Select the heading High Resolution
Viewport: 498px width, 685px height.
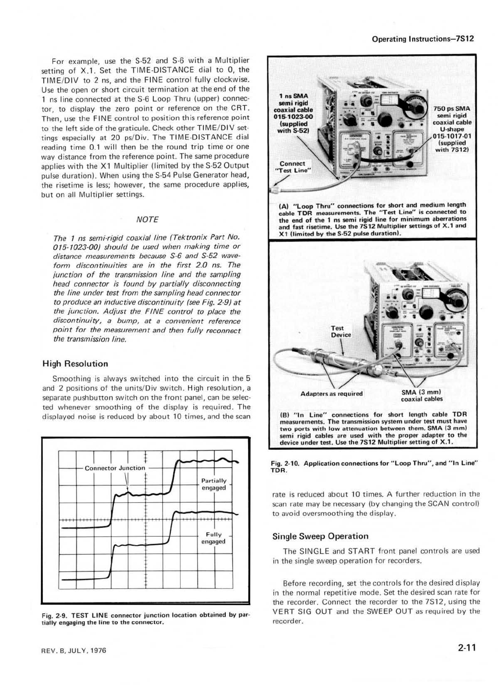click(x=75, y=363)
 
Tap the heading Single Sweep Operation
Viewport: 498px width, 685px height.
click(x=320, y=536)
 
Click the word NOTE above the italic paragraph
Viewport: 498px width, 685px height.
click(x=147, y=219)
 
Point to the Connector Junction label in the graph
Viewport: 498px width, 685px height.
click(x=115, y=468)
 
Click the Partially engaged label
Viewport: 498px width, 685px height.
click(x=214, y=484)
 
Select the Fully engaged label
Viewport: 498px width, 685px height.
click(x=214, y=538)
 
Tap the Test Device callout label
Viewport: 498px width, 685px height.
click(x=341, y=332)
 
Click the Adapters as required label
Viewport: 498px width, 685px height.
click(x=332, y=394)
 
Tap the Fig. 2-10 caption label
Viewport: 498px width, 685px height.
click(x=286, y=463)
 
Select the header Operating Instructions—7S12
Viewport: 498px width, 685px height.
click(x=423, y=38)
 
